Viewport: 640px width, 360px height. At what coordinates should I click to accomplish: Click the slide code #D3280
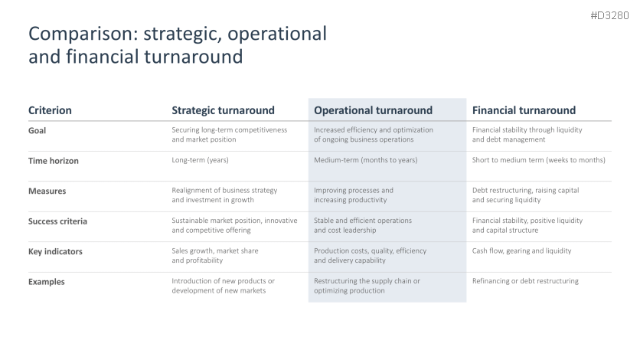[x=609, y=15]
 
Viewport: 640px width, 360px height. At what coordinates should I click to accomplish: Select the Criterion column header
[x=50, y=110]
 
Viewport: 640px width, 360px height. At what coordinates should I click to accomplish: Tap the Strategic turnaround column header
[x=223, y=110]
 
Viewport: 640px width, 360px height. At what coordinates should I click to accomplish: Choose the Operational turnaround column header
[x=373, y=110]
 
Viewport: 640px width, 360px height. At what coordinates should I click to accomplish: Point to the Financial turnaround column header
[x=524, y=110]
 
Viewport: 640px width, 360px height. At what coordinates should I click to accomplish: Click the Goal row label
[x=38, y=131]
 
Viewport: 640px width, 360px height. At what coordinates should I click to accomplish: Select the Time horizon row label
[x=54, y=161]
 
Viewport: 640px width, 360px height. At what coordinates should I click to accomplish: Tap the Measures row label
[x=47, y=191]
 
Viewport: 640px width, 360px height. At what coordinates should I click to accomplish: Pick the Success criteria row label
[x=57, y=221]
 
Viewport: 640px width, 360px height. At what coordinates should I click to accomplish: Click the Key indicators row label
[x=55, y=251]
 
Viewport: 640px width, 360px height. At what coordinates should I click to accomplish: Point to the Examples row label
[x=47, y=282]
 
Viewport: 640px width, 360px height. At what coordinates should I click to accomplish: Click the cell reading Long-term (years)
[x=200, y=160]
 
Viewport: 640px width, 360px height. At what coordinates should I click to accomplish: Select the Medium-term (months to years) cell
[x=366, y=160]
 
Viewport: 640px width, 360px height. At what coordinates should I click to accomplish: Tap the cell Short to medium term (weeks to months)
[x=539, y=160]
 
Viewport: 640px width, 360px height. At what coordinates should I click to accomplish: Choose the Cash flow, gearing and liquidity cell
[x=521, y=250]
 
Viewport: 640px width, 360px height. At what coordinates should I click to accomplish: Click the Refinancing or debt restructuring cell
[x=525, y=281]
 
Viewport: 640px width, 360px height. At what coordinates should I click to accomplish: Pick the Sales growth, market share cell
[x=215, y=256]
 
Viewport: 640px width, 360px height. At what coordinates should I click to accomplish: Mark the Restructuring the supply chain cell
[x=367, y=286]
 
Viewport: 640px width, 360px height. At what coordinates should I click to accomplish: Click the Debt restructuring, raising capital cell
[x=526, y=195]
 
